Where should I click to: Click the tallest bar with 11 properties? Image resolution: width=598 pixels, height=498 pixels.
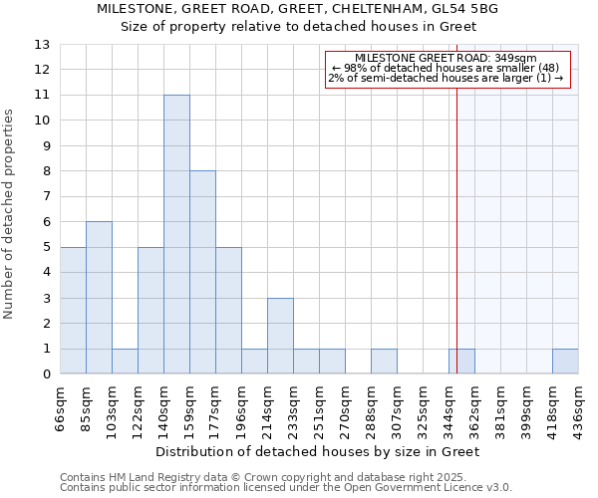point(176,234)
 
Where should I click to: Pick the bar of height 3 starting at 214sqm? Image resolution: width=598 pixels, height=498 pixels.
point(280,336)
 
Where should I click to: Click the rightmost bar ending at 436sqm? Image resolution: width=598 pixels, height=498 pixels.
point(565,362)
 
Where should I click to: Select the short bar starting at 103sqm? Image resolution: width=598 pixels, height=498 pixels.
point(125,362)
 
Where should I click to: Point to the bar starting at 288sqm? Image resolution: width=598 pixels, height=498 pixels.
point(384,362)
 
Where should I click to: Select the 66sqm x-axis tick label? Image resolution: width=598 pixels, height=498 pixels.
point(61,408)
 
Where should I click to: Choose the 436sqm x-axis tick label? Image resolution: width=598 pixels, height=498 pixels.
point(579,408)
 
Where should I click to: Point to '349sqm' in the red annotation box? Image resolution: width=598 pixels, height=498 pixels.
point(515,58)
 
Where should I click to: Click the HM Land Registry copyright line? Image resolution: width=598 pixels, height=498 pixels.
point(249,477)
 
